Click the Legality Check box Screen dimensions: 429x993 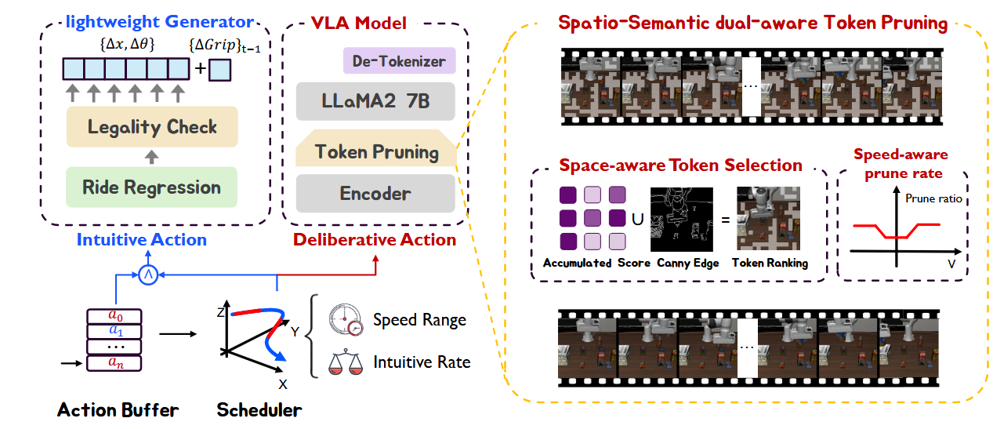tap(152, 127)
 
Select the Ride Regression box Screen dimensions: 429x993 tap(152, 187)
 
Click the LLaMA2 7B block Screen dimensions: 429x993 tap(375, 102)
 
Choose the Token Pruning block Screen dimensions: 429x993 tap(375, 151)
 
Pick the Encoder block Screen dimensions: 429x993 tap(375, 193)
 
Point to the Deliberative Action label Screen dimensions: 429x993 tap(375, 240)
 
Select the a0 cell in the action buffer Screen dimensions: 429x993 tap(116, 315)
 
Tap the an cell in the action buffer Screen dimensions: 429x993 tap(116, 363)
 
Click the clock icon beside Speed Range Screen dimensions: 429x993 tap(346, 319)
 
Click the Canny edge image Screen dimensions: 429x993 tap(684, 218)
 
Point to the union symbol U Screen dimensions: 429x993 tap(638, 219)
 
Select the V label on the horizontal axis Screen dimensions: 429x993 tap(951, 265)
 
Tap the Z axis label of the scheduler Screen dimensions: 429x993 tap(221, 313)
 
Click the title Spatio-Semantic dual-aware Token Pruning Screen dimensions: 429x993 tap(752, 23)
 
